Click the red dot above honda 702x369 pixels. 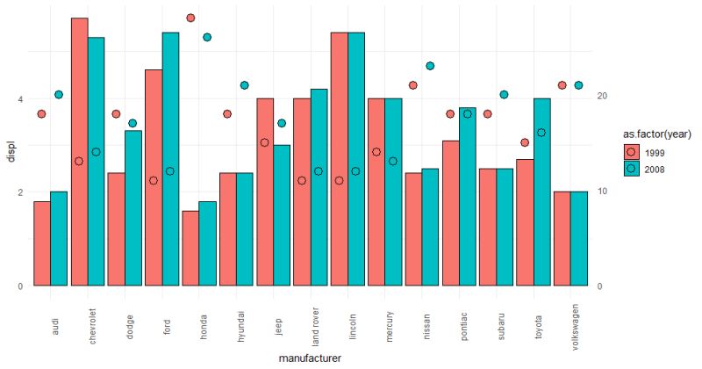pos(190,18)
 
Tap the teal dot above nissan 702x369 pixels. pos(430,66)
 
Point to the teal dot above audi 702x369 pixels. pos(59,94)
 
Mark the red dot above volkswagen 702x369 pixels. pos(562,85)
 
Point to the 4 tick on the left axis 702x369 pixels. pos(19,99)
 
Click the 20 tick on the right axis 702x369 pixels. pos(599,96)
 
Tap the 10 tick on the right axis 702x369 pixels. pos(599,191)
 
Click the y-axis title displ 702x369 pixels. pos(11,153)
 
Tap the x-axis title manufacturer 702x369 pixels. pos(309,358)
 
